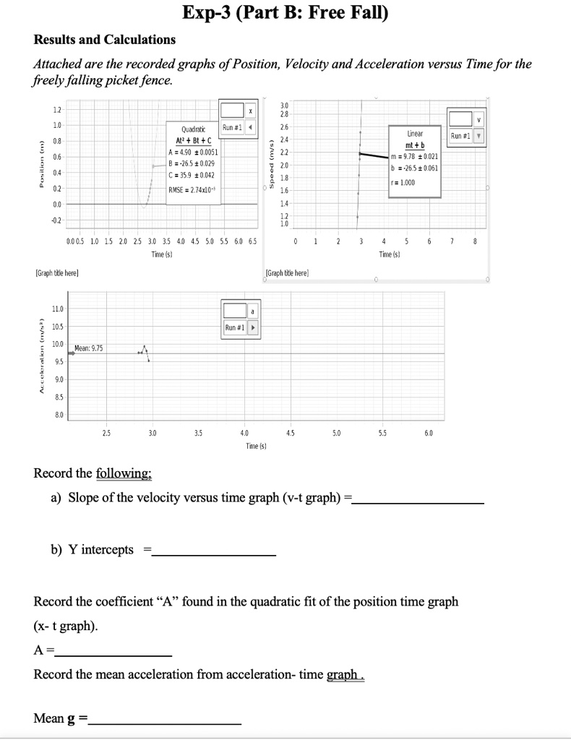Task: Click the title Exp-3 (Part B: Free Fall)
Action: (x=285, y=12)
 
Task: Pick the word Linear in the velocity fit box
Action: (x=415, y=134)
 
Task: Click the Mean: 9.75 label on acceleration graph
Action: (x=88, y=348)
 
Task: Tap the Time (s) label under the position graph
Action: (x=160, y=254)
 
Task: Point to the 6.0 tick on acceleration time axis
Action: (x=429, y=433)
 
